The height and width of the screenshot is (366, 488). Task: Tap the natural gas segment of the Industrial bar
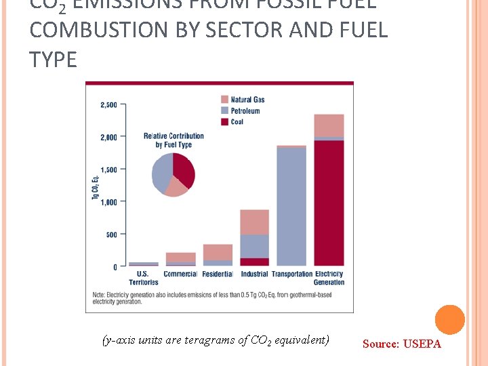pos(254,222)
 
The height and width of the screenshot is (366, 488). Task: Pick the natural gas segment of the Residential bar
pos(218,252)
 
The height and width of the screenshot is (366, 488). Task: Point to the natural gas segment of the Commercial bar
pos(180,257)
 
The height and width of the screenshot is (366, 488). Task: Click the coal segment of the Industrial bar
pos(254,262)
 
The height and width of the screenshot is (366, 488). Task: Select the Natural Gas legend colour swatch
pos(224,100)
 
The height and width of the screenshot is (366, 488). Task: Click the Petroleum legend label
pos(245,110)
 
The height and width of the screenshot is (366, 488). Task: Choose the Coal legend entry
pos(237,122)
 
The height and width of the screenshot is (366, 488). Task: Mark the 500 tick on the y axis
pos(110,235)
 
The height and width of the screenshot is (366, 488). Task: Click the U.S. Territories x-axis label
pos(144,278)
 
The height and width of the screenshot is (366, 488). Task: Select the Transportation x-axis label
pos(291,274)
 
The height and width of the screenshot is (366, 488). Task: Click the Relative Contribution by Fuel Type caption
pos(174,140)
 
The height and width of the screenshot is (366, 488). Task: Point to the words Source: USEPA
pos(401,344)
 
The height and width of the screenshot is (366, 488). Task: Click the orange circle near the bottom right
pos(449,320)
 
